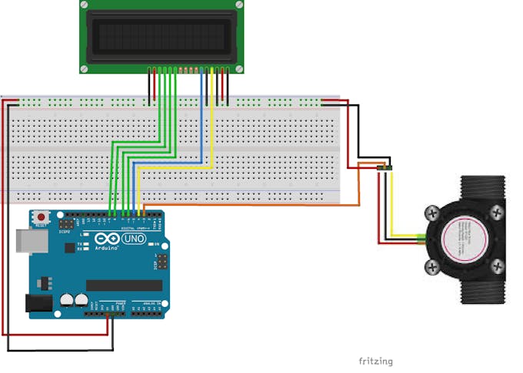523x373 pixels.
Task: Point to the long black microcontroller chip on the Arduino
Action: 123,286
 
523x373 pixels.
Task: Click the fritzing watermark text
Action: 375,361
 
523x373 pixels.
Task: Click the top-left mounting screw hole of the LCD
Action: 85,7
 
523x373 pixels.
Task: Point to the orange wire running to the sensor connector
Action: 254,205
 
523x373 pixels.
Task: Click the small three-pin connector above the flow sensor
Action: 385,167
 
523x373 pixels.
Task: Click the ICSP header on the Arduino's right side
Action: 159,263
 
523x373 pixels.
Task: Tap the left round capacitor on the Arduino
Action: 68,299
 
